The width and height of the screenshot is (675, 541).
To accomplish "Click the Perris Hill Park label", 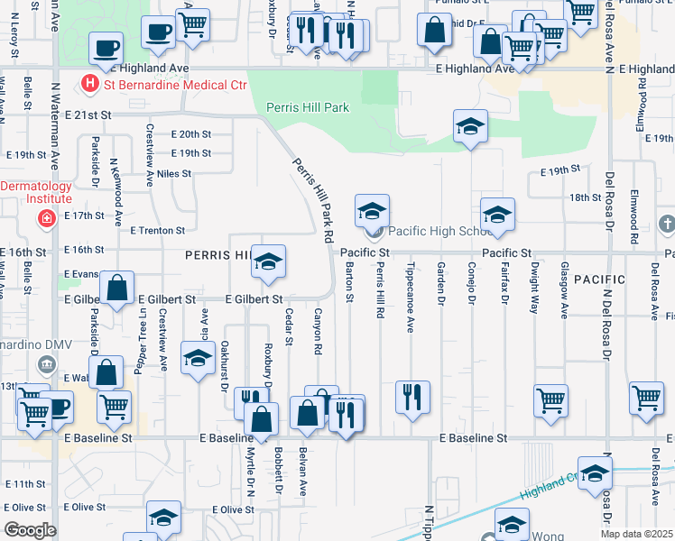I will pos(308,107).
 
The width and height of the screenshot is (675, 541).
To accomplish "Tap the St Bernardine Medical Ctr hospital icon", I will pos(90,86).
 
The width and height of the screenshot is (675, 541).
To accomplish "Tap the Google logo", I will pos(30,530).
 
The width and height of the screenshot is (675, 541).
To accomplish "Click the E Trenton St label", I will pos(157,231).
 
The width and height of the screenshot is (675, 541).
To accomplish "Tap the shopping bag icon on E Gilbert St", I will pos(117,289).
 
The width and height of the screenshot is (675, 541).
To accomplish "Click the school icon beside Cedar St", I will pos(268,261).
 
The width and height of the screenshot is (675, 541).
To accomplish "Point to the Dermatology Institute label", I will pos(36,192).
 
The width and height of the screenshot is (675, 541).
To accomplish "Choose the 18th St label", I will pos(585,197).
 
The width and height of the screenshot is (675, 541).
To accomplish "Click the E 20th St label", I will pos(191,133).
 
